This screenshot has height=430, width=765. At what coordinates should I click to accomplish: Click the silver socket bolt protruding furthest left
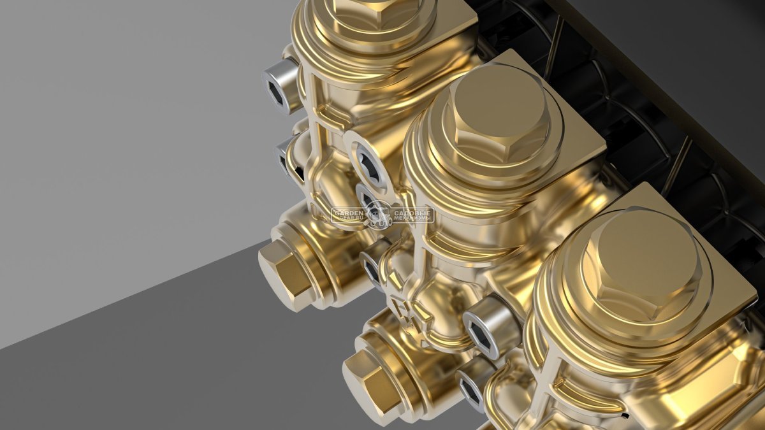click(x=280, y=88)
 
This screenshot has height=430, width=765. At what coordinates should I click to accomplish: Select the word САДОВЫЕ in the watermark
click(x=412, y=213)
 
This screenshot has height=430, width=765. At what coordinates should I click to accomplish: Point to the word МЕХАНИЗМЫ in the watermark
click(x=413, y=219)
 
